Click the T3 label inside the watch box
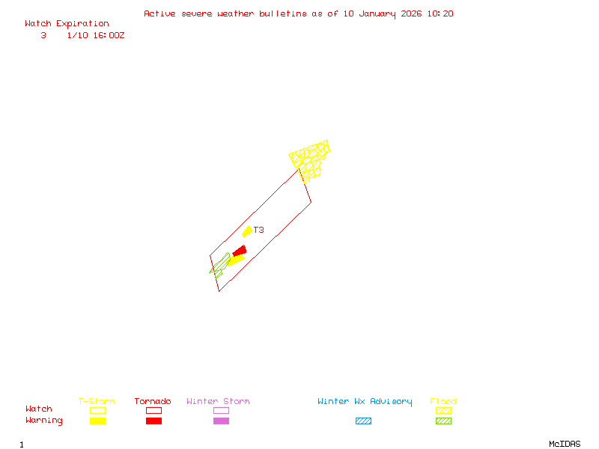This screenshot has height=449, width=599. [258, 230]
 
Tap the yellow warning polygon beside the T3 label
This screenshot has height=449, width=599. [247, 231]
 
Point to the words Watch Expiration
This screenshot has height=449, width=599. [67, 23]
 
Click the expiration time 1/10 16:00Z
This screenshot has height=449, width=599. [95, 35]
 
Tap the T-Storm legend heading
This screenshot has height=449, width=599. [97, 402]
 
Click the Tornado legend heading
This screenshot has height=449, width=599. [153, 402]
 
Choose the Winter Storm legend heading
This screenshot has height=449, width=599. [218, 402]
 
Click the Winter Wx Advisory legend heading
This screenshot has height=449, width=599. [365, 402]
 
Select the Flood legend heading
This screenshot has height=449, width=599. [443, 402]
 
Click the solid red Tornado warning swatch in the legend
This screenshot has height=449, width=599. [153, 421]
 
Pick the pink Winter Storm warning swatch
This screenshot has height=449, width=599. [221, 421]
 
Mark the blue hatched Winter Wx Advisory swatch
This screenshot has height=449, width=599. [363, 421]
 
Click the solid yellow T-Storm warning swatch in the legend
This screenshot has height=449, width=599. [97, 421]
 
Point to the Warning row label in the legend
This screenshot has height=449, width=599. [44, 421]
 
